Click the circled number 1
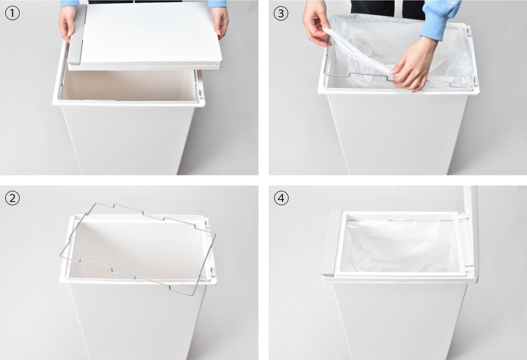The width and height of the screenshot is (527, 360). pyautogui.click(x=12, y=13)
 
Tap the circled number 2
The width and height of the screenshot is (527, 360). pyautogui.click(x=12, y=198)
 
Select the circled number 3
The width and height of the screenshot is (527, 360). pyautogui.click(x=281, y=13)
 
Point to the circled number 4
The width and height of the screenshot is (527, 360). pyautogui.click(x=281, y=198)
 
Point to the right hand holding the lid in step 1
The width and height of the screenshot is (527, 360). pyautogui.click(x=220, y=21)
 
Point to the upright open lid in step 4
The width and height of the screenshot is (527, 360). pyautogui.click(x=471, y=232)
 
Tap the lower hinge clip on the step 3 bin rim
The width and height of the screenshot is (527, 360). pyautogui.click(x=476, y=80)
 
